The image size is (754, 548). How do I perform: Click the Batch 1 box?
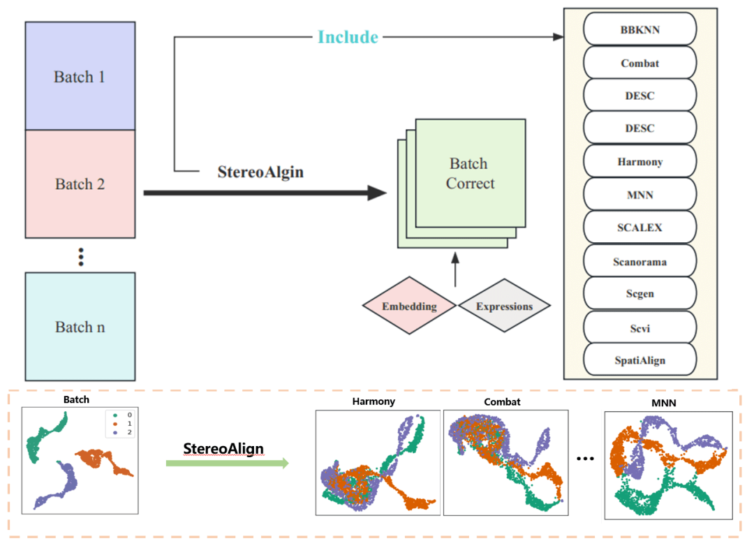coord(80,76)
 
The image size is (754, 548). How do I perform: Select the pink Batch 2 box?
coord(80,184)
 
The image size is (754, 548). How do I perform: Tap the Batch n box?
coord(80,327)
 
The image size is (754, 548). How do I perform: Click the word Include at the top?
coord(348,37)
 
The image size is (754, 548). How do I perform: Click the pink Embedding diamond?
coord(409,306)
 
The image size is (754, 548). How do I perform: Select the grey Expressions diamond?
coord(504,306)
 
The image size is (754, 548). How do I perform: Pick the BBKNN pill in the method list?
coord(640,30)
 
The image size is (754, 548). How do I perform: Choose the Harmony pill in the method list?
coord(640,162)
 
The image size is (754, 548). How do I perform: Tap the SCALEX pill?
coord(640,228)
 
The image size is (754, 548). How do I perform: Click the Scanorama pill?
coord(640,262)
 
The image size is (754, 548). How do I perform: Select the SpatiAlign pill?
coord(640,360)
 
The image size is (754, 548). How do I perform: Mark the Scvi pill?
coord(640,327)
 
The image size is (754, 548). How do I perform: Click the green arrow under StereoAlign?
coord(227,462)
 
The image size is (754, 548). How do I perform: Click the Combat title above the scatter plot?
coord(502,402)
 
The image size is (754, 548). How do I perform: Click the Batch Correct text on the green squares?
coord(470,174)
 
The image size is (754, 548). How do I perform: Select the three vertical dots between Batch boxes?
coord(81,256)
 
